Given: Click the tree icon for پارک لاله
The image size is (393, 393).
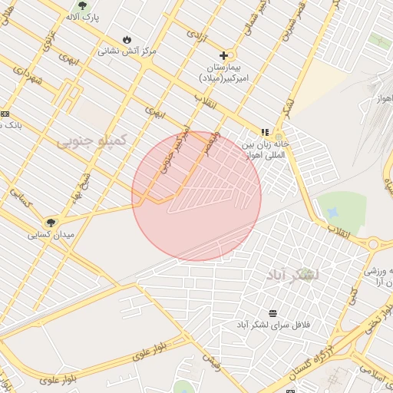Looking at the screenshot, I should (83, 6).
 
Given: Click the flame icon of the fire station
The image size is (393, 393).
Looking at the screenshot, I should (127, 40).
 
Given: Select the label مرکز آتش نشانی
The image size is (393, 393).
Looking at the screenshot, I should (127, 51).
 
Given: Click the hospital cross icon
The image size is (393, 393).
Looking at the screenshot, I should (223, 55).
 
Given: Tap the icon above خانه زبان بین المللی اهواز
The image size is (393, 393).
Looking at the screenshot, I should (265, 132).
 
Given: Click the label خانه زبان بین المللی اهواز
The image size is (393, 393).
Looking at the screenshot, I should (263, 149).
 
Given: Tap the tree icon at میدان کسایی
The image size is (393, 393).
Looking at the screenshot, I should (51, 223).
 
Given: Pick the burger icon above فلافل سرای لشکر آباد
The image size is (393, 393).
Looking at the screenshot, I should (273, 313).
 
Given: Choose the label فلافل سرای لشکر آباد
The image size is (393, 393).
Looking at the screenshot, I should (273, 325).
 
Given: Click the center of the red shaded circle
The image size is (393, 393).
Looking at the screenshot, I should (196, 196).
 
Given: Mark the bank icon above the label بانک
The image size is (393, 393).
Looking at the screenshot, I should (5, 114).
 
